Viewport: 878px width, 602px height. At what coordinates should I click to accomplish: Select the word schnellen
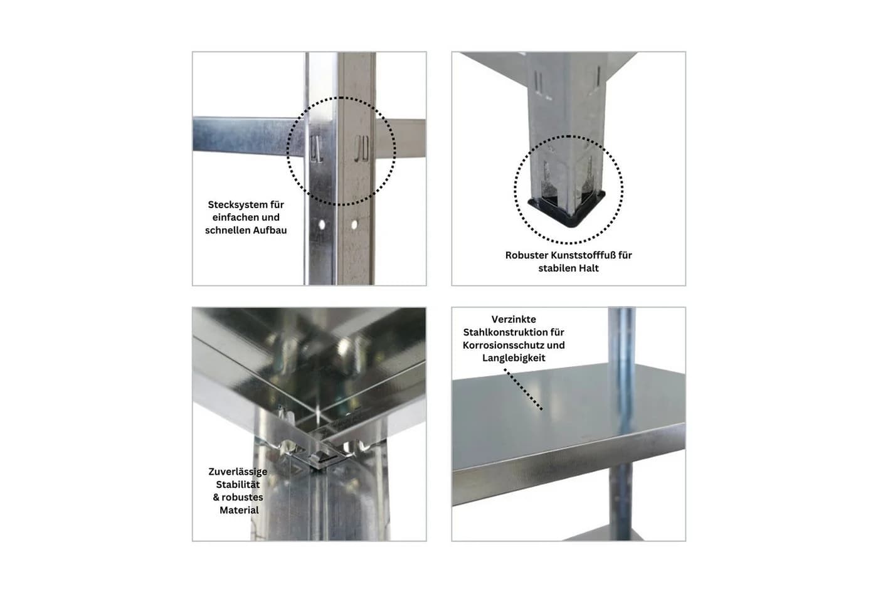pos(228,230)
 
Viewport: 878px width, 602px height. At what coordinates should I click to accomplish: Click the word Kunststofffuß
pos(583,255)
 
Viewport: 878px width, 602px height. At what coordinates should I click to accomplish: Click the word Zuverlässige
pos(238,472)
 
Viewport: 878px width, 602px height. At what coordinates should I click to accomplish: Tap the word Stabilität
pos(238,484)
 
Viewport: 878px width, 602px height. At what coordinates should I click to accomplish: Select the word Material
pos(239,510)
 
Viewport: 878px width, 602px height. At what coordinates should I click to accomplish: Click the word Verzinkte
pos(514,319)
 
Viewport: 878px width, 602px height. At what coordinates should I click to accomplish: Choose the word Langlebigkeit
pos(514,358)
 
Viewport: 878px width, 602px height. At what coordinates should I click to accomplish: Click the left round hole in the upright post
pos(322,224)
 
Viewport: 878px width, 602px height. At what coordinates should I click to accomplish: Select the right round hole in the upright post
pos(354,224)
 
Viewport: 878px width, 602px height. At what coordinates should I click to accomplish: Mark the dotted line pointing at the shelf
pos(523,389)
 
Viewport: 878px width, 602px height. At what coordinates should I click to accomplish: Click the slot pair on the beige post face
pos(362,149)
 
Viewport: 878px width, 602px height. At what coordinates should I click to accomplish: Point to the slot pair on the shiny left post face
pos(316,149)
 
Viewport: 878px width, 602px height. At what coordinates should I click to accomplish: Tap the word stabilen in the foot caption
pos(556,268)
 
